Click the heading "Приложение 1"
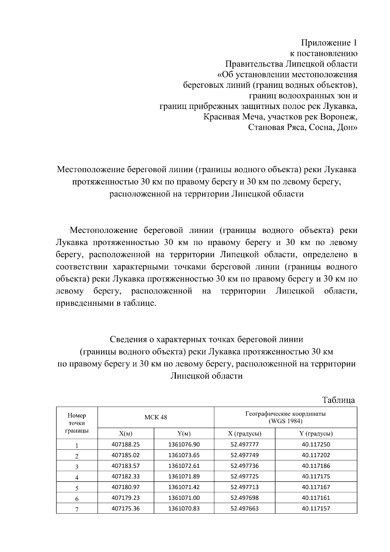pos(329,43)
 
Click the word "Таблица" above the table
pos(338,400)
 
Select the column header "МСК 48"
pos(156,417)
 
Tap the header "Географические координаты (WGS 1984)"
pos(285,417)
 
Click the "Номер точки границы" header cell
pos(77,423)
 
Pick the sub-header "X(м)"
pos(125,434)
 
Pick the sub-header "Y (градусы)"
pos(316,434)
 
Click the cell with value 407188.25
pos(125,444)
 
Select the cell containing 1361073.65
pos(184,455)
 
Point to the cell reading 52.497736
pos(244,466)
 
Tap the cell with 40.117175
pos(316,477)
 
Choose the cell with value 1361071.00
pos(184,498)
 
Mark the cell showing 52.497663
pos(244,508)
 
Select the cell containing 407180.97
pos(125,487)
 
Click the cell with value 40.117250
pos(316,444)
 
